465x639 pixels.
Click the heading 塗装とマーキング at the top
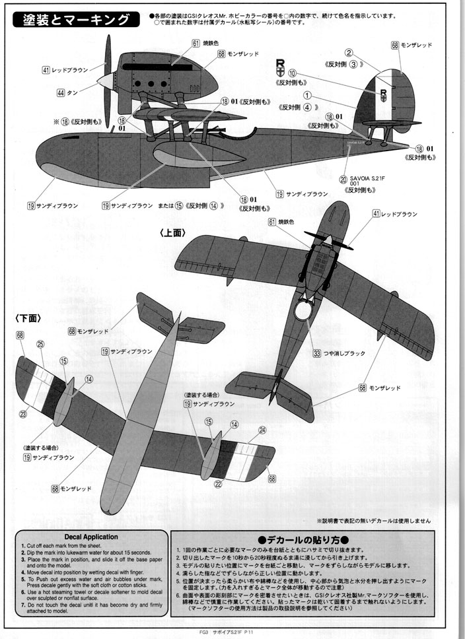tap(77, 20)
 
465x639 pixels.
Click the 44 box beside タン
tap(61, 93)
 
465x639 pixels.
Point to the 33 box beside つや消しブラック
tap(318, 353)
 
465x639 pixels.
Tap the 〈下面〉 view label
tap(25, 317)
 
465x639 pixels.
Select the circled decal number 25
tap(40, 344)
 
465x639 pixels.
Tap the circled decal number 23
tap(23, 414)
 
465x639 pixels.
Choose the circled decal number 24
tap(262, 430)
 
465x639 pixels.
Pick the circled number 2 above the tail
tap(348, 51)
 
